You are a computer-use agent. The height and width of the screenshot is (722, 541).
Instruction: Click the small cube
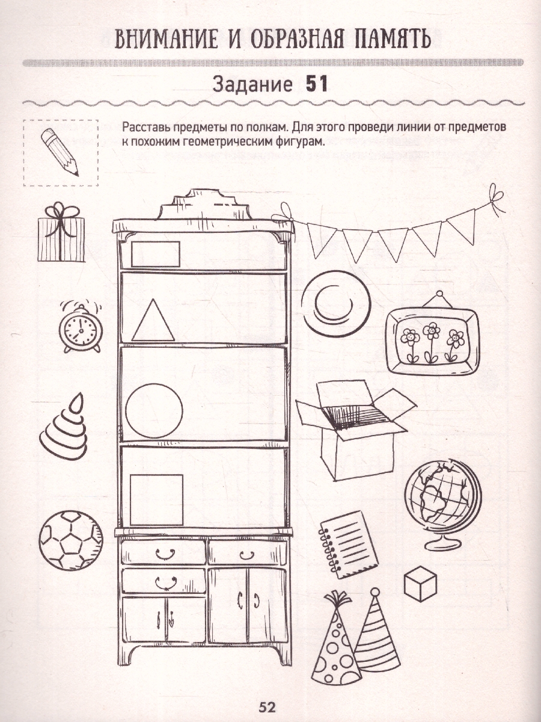(x=420, y=583)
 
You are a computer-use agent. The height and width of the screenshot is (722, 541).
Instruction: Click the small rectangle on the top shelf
(x=156, y=255)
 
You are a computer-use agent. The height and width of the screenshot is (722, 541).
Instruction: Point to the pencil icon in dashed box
(x=60, y=152)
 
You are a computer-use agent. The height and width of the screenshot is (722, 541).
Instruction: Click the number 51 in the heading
(x=317, y=85)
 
